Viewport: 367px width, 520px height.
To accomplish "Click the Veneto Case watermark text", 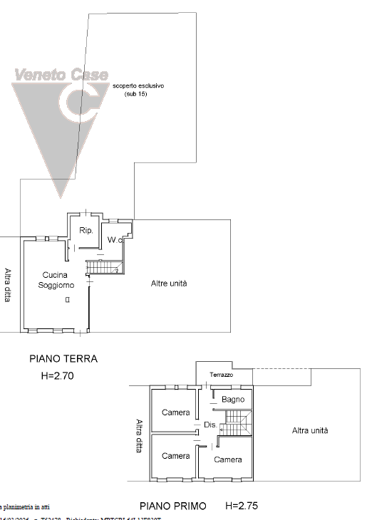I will click(61, 74).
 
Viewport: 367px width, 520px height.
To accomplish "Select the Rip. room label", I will click(87, 231).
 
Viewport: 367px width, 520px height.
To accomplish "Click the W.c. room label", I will click(116, 241).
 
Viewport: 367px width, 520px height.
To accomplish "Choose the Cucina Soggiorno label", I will click(56, 280).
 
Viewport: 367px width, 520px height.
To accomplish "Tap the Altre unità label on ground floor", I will click(169, 284).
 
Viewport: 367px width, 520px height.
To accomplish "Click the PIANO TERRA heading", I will click(63, 359).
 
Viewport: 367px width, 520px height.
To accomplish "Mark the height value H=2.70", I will click(60, 374).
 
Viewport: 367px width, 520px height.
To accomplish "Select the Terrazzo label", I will click(222, 375).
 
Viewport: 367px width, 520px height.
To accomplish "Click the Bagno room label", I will click(233, 400).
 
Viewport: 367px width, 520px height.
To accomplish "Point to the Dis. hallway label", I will click(210, 425).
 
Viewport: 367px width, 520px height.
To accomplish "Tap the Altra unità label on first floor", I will click(310, 430).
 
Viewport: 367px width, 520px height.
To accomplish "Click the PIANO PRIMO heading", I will click(172, 506).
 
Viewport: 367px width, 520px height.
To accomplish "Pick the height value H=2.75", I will click(241, 506).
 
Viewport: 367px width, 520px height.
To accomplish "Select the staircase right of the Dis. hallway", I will click(235, 424).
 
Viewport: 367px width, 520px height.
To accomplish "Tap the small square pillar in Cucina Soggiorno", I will click(67, 300).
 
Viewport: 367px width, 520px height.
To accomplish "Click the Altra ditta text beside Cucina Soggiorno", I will click(9, 285).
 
